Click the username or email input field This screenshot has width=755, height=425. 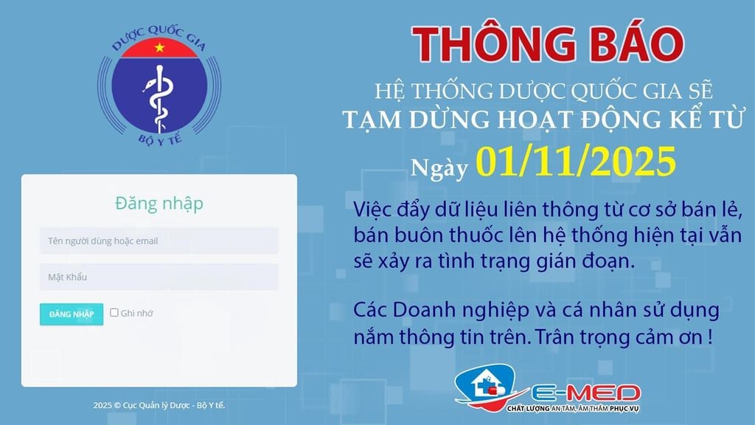click(x=159, y=241)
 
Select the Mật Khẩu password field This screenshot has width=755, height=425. click(x=159, y=277)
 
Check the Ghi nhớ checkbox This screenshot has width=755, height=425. click(x=114, y=312)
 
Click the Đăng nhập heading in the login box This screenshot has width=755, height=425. click(x=159, y=203)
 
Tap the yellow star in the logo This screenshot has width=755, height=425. click(x=159, y=49)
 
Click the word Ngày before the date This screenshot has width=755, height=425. click(x=440, y=168)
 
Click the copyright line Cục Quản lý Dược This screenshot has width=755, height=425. click(x=159, y=405)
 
